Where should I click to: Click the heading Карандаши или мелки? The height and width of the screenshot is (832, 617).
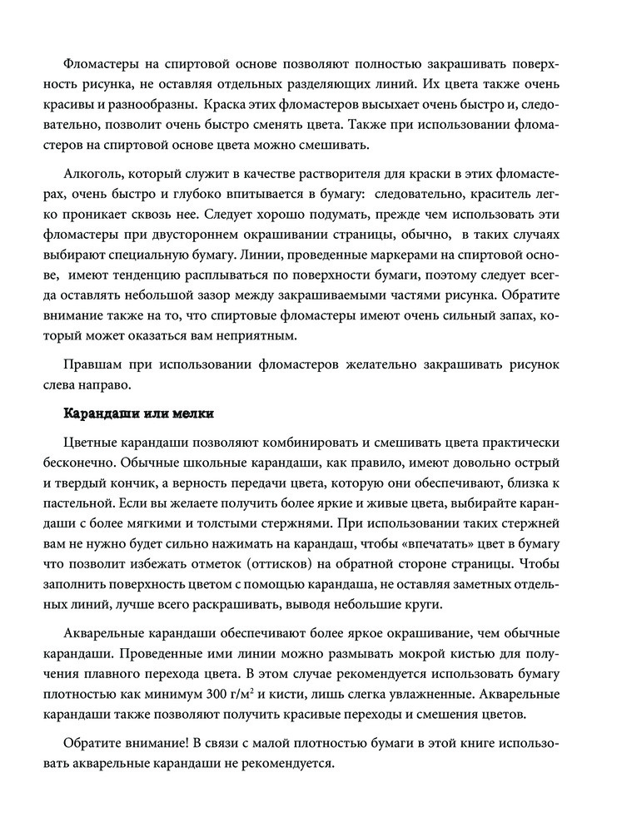click(x=139, y=413)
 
